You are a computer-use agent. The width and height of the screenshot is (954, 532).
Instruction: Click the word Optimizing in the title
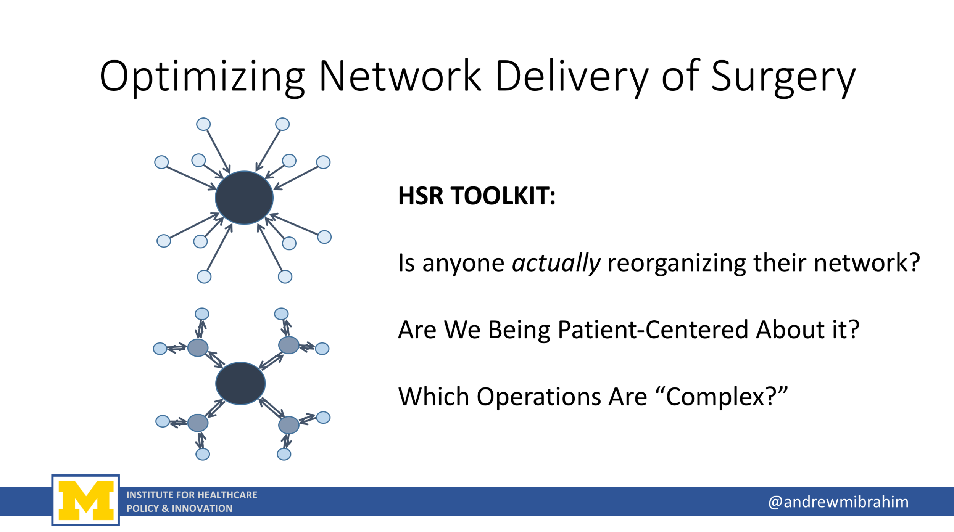[202, 77]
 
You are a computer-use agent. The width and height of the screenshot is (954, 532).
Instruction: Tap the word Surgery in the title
[783, 77]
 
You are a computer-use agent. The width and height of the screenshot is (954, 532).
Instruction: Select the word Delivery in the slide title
[571, 77]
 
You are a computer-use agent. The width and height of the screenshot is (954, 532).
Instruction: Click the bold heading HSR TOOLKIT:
[476, 196]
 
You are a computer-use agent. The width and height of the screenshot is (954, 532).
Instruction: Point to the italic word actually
[556, 263]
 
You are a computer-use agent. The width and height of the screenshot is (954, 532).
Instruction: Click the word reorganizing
[677, 263]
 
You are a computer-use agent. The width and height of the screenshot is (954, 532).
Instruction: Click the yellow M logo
[85, 500]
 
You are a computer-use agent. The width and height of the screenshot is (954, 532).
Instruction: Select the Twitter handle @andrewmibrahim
[838, 502]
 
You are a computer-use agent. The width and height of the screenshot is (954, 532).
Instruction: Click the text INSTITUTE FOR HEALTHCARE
[192, 495]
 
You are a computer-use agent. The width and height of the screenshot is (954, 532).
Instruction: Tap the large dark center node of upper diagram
[244, 198]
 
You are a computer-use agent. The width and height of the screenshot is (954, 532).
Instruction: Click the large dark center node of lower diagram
[240, 383]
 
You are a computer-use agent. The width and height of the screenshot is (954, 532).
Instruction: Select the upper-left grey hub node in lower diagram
[198, 347]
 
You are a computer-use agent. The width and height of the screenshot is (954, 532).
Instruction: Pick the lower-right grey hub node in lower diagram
[288, 425]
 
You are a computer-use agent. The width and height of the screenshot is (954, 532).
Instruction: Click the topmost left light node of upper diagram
[203, 124]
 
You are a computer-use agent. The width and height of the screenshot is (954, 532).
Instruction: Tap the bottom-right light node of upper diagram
[285, 276]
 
